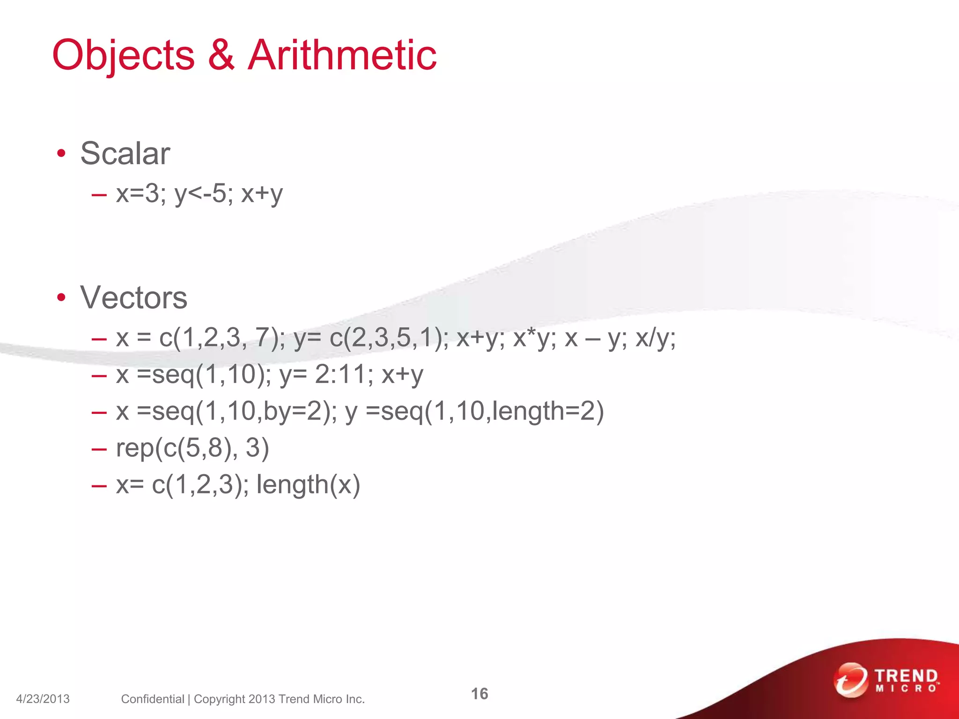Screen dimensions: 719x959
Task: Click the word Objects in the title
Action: [x=124, y=55]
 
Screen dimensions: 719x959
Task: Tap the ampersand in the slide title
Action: [x=221, y=55]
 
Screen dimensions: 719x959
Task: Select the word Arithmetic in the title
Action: [x=342, y=55]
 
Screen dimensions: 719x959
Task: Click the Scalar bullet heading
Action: [x=125, y=154]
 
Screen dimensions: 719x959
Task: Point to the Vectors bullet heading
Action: [x=133, y=298]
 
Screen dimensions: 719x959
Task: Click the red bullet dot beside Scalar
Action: [x=61, y=154]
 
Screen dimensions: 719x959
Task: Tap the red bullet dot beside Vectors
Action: [x=61, y=298]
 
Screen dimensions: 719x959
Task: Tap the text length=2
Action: [x=541, y=411]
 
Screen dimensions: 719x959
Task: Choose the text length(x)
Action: [x=308, y=484]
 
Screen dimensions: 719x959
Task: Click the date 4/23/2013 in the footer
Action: [x=43, y=699]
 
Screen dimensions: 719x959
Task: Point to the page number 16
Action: [x=479, y=694]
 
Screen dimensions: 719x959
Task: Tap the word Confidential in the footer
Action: [x=152, y=699]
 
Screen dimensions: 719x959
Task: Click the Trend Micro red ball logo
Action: [x=850, y=680]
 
